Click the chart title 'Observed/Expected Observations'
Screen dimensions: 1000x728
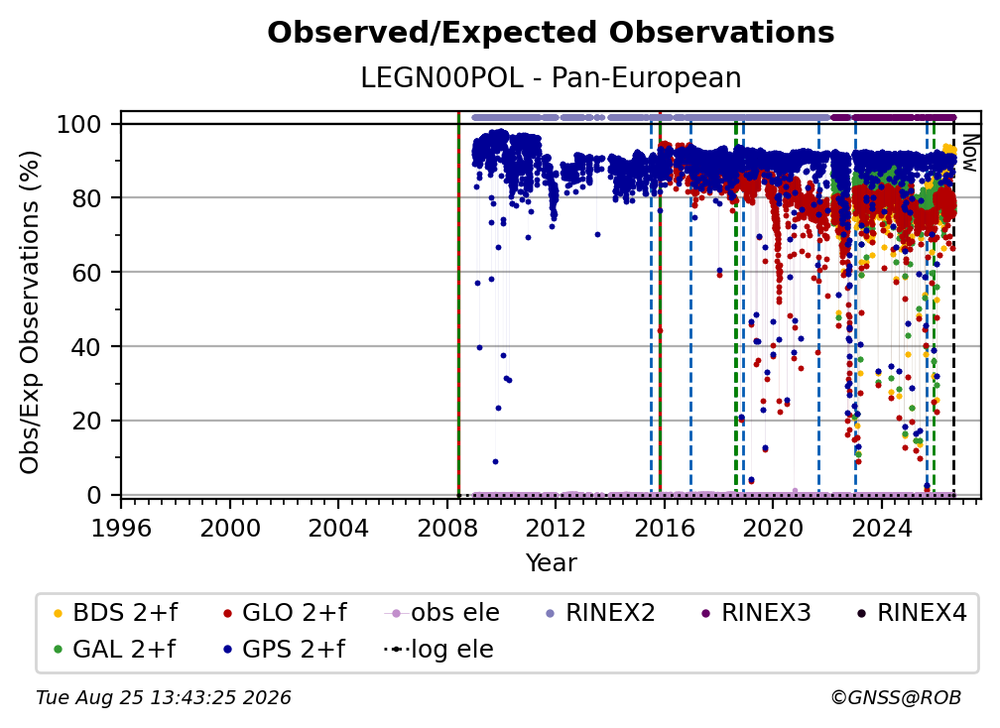point(551,33)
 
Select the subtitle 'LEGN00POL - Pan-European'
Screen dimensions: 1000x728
point(551,77)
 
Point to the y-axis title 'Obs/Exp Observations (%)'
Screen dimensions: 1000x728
point(30,312)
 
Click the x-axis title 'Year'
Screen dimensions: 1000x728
point(551,562)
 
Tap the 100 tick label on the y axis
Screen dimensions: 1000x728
point(78,124)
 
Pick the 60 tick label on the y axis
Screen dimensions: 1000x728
point(86,272)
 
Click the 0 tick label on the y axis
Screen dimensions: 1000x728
point(93,495)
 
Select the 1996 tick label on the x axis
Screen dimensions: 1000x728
point(121,528)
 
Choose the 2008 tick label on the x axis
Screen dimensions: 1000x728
point(447,528)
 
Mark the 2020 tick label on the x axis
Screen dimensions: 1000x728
point(772,528)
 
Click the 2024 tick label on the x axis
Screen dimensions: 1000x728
point(881,528)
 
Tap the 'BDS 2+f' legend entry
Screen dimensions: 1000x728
point(116,613)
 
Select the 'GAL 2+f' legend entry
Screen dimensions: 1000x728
point(115,649)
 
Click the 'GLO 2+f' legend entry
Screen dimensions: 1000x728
point(285,613)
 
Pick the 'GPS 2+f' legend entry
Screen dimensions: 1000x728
point(285,649)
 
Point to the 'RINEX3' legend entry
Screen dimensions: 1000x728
point(756,613)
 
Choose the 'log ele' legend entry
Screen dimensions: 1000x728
point(438,649)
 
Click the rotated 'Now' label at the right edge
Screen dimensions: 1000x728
point(968,153)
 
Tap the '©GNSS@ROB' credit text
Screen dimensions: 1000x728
point(896,698)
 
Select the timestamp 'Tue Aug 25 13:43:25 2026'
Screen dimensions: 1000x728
point(164,698)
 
